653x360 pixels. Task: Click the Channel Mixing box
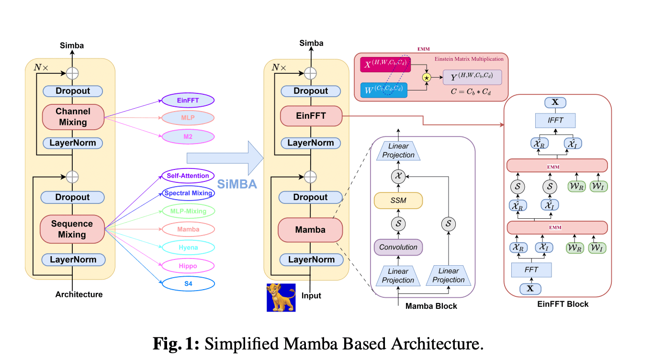73,117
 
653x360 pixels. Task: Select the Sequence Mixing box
72,229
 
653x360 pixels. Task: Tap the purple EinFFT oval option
188,101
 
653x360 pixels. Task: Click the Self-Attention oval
188,176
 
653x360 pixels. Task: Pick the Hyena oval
188,247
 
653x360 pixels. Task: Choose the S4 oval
188,284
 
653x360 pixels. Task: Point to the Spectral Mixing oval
188,193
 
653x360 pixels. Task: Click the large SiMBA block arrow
225,158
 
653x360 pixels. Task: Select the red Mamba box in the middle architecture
310,230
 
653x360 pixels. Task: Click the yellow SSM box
398,200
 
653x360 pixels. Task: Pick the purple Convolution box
398,247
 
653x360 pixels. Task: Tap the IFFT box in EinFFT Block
555,120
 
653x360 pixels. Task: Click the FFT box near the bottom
531,270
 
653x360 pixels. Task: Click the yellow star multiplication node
426,77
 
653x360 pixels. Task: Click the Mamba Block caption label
431,306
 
